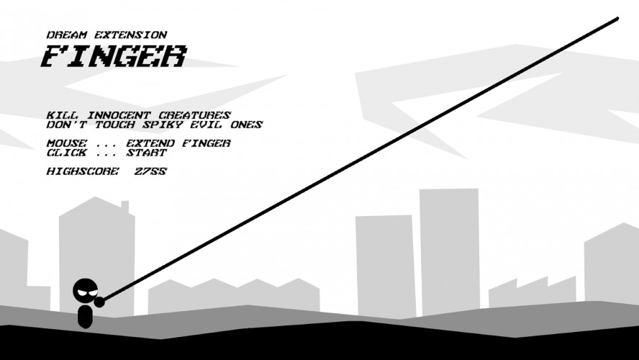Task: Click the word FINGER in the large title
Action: [x=114, y=56]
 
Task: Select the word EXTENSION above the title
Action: [x=131, y=35]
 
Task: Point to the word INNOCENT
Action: [x=119, y=115]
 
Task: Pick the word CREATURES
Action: [x=195, y=115]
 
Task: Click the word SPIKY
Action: [x=162, y=125]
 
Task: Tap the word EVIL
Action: [x=207, y=125]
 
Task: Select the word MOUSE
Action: [x=66, y=143]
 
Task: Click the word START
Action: [x=147, y=153]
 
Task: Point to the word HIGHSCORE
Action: [x=83, y=171]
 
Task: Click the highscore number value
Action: [x=151, y=171]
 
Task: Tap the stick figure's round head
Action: [x=86, y=291]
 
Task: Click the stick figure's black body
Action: [x=85, y=316]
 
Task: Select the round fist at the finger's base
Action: [x=99, y=302]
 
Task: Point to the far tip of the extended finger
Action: [x=617, y=19]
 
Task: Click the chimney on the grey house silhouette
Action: [x=125, y=207]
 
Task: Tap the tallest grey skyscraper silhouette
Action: [x=449, y=251]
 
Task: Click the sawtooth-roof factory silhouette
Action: [x=532, y=292]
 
